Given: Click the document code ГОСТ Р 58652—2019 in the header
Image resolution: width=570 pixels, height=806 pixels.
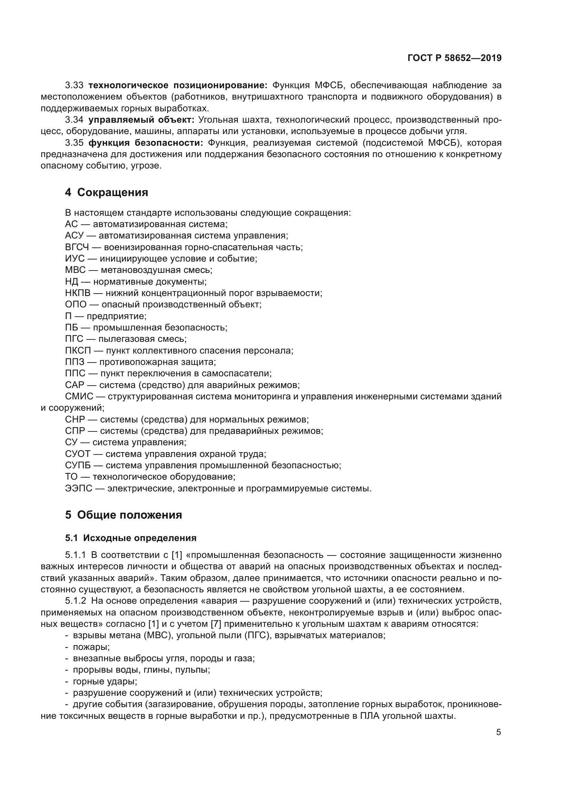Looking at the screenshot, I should click(454, 58).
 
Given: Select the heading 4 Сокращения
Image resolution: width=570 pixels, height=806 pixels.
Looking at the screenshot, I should click(106, 192).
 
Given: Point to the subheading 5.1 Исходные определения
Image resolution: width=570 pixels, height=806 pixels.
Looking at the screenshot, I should click(131, 538).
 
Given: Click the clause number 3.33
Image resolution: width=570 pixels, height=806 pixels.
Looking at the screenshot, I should click(74, 85).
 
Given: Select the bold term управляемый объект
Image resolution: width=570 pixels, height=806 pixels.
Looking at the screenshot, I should click(141, 120).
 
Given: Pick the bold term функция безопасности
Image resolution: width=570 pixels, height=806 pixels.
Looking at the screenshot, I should click(146, 143).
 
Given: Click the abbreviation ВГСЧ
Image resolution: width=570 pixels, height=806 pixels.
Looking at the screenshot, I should click(77, 247).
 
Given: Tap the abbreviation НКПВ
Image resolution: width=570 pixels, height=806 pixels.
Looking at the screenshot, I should click(78, 293).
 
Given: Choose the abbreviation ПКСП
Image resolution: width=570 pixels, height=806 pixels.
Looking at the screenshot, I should click(78, 351).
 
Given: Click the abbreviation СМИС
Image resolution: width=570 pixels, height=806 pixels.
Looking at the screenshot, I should click(79, 397).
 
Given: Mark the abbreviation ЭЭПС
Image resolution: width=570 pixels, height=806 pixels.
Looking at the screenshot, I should click(78, 488).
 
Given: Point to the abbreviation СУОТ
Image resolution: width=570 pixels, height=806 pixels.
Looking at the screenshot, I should click(78, 454).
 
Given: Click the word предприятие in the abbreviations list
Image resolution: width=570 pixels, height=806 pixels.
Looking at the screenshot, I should click(116, 316).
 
